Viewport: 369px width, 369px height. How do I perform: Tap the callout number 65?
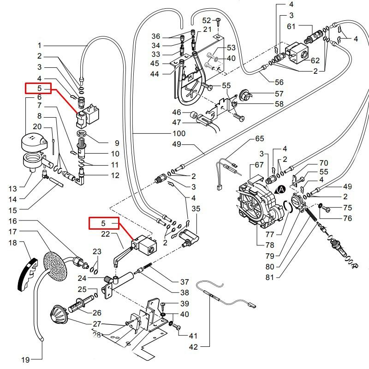click(x=259, y=139)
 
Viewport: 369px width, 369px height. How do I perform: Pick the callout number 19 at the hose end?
click(x=26, y=359)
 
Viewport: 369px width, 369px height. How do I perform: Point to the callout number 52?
click(x=206, y=20)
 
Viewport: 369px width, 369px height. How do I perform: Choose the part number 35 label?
click(x=196, y=208)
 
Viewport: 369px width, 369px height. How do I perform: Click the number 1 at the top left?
click(x=40, y=45)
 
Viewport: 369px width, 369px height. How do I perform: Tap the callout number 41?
click(x=192, y=336)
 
